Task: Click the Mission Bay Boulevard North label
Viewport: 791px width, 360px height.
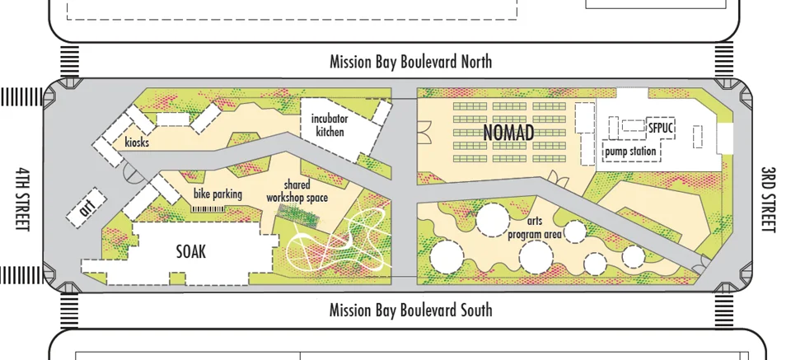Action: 410,62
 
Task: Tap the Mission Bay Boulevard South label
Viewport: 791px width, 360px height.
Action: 410,310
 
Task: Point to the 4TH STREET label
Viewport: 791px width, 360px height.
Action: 22,199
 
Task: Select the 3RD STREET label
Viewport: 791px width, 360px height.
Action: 768,199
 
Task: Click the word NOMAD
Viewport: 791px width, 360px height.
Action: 508,133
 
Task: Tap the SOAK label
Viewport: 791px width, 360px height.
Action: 190,252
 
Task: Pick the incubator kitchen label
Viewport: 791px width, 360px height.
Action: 330,125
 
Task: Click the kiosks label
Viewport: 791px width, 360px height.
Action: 137,143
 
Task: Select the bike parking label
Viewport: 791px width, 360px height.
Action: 218,194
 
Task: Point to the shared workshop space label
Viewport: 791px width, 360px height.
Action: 297,192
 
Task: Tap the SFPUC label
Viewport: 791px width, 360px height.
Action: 661,129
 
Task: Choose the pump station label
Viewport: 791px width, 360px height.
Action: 630,152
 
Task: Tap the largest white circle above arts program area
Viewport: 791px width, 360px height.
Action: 492,220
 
